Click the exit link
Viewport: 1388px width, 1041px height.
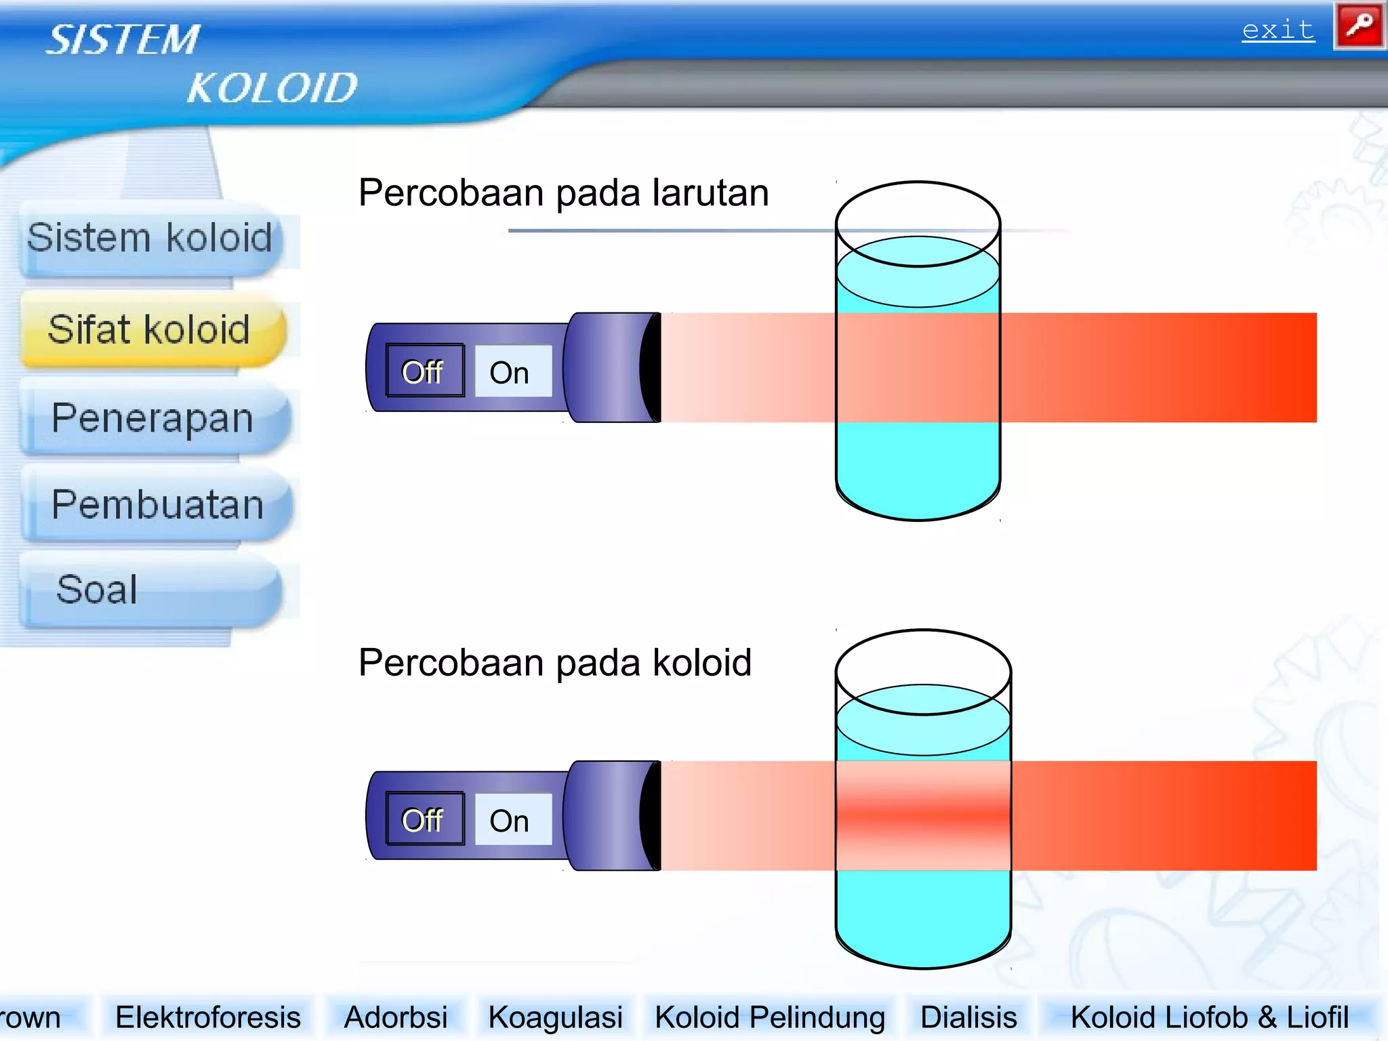click(1278, 30)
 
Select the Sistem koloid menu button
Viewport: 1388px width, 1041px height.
click(150, 239)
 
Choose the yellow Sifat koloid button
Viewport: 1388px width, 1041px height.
click(150, 330)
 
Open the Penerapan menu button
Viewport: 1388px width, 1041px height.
click(153, 418)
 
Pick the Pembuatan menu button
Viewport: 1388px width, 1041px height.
click(157, 505)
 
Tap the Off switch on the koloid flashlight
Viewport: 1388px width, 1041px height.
click(424, 820)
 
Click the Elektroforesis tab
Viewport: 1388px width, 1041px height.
click(208, 1017)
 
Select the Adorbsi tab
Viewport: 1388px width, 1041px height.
click(396, 1017)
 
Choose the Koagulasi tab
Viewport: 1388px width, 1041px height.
click(555, 1017)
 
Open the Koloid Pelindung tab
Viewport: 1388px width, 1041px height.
click(769, 1017)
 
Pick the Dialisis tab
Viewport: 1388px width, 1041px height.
click(968, 1017)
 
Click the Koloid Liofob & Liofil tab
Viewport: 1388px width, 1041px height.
click(1209, 1017)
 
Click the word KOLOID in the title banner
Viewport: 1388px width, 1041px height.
click(272, 88)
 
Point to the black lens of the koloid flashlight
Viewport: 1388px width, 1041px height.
click(651, 816)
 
